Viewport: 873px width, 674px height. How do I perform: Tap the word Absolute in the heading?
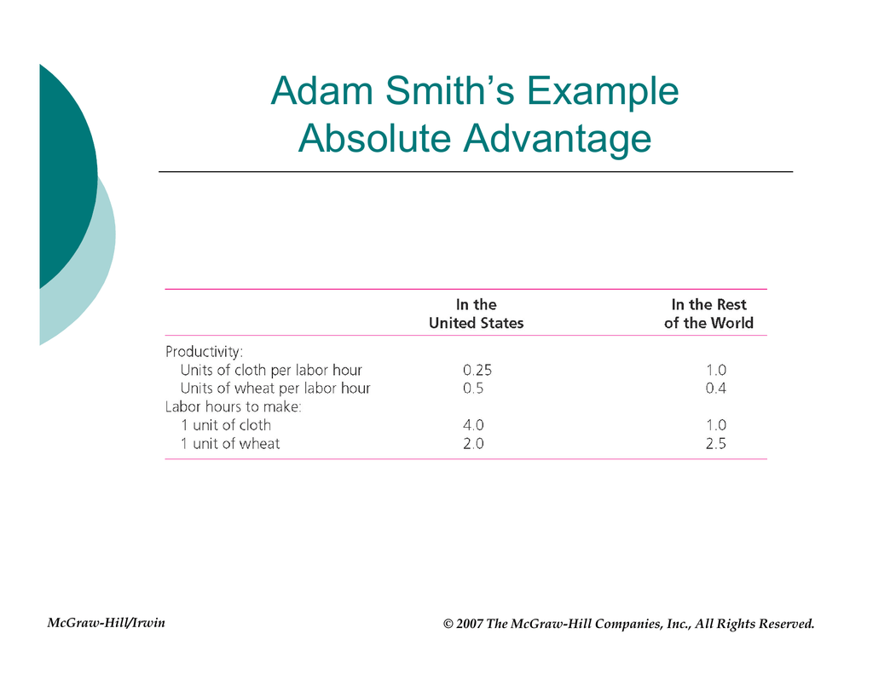374,138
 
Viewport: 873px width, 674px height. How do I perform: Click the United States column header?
476,314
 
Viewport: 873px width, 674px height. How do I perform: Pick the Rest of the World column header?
708,314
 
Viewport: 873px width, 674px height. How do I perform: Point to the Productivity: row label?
205,352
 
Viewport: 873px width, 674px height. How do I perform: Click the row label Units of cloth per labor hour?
271,370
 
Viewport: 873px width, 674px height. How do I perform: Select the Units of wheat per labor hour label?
275,388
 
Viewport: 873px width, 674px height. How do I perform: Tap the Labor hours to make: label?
234,406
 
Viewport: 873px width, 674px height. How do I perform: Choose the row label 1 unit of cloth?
226,425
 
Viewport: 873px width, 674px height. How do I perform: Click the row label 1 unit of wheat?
230,444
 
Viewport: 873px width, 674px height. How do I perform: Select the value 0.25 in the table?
477,370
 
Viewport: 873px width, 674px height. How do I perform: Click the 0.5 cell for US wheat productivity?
473,389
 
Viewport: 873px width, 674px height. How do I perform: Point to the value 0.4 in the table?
716,389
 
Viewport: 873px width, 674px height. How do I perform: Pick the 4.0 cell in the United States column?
473,425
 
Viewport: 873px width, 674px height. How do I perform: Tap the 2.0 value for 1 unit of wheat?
473,444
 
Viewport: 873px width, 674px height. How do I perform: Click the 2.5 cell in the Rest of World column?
716,444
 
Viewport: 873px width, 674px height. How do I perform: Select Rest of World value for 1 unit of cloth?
716,425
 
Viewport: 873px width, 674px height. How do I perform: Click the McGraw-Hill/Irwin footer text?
106,623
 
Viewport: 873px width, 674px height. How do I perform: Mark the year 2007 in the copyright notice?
470,624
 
